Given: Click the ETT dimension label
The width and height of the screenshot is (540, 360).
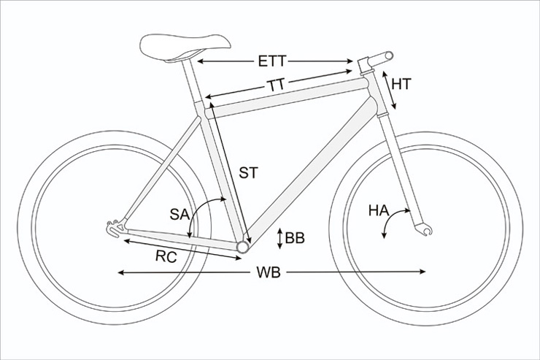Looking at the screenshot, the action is tap(272, 61).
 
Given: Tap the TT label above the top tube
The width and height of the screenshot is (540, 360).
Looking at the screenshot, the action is tap(277, 85).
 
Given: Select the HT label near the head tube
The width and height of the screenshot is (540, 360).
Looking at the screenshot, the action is tap(401, 84).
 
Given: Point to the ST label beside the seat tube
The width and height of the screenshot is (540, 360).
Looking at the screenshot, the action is tap(248, 172).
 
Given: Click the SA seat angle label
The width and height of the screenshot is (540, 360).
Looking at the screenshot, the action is tap(180, 215).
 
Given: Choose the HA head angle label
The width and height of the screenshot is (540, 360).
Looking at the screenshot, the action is tap(379, 210).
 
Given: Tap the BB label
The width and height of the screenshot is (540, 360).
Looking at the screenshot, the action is tap(295, 238).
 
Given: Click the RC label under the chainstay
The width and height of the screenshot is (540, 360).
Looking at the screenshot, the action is tap(166, 256).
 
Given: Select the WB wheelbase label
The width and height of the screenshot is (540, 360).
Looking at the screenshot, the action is tap(269, 272).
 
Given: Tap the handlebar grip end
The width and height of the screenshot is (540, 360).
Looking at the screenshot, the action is tap(388, 55).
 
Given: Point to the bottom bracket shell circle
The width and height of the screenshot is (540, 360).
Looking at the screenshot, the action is tap(242, 247).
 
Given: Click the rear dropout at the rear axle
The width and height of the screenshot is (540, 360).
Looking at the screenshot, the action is tap(115, 228).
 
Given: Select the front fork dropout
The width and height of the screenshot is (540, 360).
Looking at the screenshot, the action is tap(424, 229).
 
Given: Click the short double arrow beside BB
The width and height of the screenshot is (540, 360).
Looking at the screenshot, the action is tap(280, 238).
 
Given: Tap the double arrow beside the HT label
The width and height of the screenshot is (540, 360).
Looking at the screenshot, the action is tap(389, 91).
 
